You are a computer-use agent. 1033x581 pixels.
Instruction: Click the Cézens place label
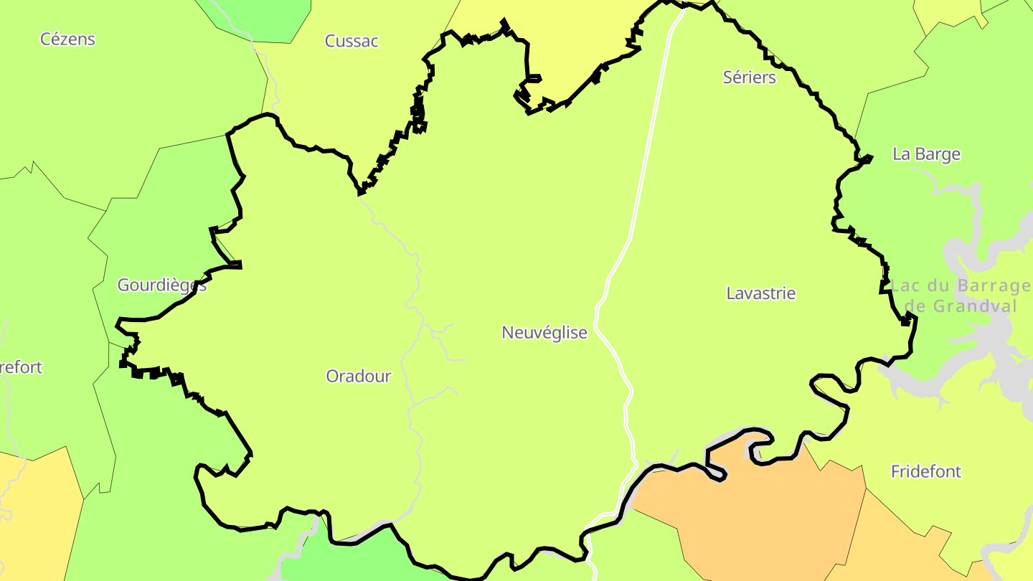(x=67, y=39)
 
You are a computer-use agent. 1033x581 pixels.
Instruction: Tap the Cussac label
(x=352, y=41)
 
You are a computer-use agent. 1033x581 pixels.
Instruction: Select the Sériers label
(x=750, y=77)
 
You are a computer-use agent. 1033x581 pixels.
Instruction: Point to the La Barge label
(x=926, y=154)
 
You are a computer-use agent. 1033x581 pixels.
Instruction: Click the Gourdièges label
(x=161, y=285)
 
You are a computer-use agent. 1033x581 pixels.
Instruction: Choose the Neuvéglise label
(x=544, y=333)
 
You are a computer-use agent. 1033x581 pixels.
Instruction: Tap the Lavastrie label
(x=761, y=293)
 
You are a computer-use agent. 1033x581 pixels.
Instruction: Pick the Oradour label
(x=359, y=376)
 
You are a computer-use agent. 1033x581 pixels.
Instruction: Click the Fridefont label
(x=926, y=472)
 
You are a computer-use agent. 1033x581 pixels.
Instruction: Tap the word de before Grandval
(x=916, y=307)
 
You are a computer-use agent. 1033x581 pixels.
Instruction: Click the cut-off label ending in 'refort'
(x=22, y=368)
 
